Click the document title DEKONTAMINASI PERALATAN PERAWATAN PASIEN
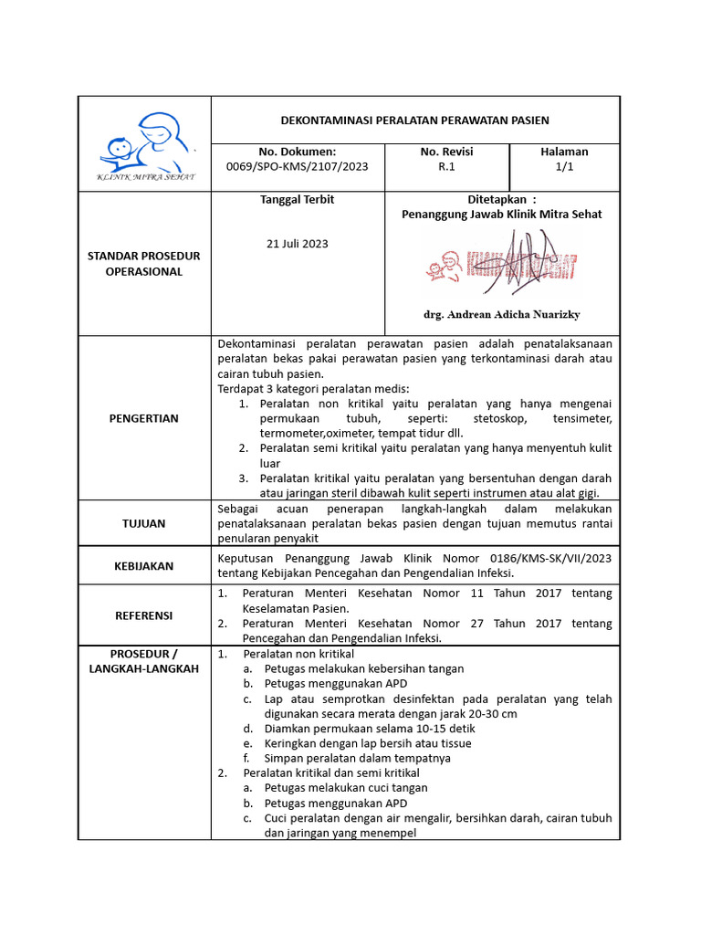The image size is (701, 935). (x=414, y=121)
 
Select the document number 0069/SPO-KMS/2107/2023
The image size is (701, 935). (x=297, y=167)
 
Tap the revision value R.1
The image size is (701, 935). (x=446, y=167)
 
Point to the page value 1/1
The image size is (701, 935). (x=564, y=167)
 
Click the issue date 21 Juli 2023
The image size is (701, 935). (x=297, y=244)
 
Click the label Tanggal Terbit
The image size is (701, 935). (x=297, y=199)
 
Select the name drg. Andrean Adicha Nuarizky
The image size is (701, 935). (x=501, y=314)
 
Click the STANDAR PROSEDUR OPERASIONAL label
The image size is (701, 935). (x=143, y=264)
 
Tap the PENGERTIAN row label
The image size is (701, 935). (x=143, y=418)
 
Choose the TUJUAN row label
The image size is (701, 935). (x=143, y=523)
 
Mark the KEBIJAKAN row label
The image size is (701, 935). (x=143, y=566)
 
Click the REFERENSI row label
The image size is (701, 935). (x=143, y=615)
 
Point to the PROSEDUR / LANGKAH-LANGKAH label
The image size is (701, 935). (x=143, y=662)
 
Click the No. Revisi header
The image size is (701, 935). (x=446, y=152)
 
